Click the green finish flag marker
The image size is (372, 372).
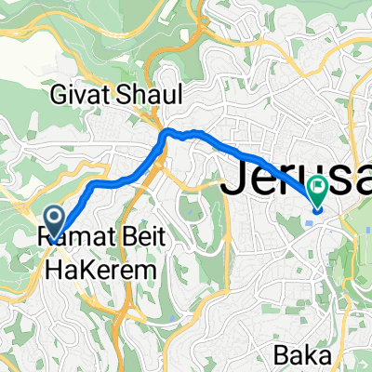tap(318, 191)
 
